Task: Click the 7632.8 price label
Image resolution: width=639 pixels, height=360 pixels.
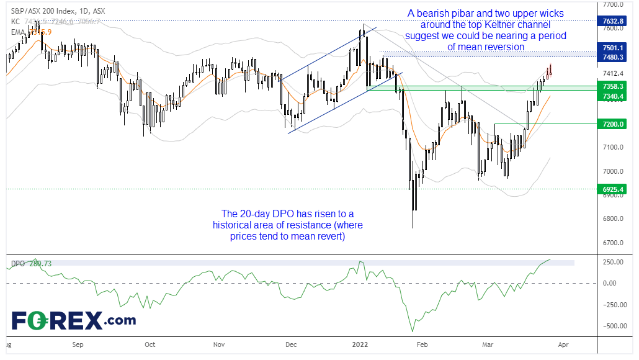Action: pyautogui.click(x=612, y=20)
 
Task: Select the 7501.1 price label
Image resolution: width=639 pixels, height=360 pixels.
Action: pyautogui.click(x=612, y=47)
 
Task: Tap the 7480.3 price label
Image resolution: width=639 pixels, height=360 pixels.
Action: pyautogui.click(x=612, y=57)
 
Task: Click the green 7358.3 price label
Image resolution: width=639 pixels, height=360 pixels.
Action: pyautogui.click(x=612, y=86)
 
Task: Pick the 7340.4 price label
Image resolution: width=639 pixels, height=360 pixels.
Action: pyautogui.click(x=612, y=96)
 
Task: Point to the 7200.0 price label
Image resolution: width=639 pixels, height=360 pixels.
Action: pyautogui.click(x=612, y=124)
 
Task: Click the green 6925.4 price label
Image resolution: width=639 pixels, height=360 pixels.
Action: pyautogui.click(x=612, y=189)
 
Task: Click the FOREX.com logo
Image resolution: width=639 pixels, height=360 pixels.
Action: pyautogui.click(x=74, y=321)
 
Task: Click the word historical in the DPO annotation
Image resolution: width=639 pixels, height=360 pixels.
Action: pyautogui.click(x=237, y=225)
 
